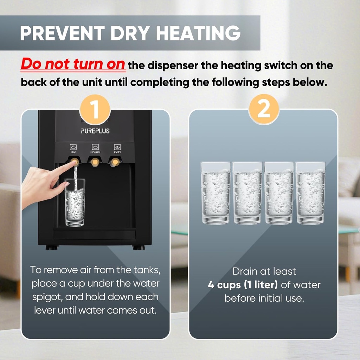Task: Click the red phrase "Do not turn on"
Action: tap(73, 65)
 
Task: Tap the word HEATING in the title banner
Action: tap(198, 33)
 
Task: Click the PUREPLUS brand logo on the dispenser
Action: tap(95, 131)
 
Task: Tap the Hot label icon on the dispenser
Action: tap(73, 147)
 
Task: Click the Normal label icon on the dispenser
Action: tap(95, 147)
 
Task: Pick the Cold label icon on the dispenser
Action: tap(117, 147)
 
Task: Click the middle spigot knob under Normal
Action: tap(94, 162)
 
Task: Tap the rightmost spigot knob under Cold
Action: tap(114, 162)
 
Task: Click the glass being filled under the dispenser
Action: tap(75, 203)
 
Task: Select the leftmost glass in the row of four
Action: tap(216, 193)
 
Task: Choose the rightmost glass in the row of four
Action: tap(310, 193)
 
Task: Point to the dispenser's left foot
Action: tap(52, 247)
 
